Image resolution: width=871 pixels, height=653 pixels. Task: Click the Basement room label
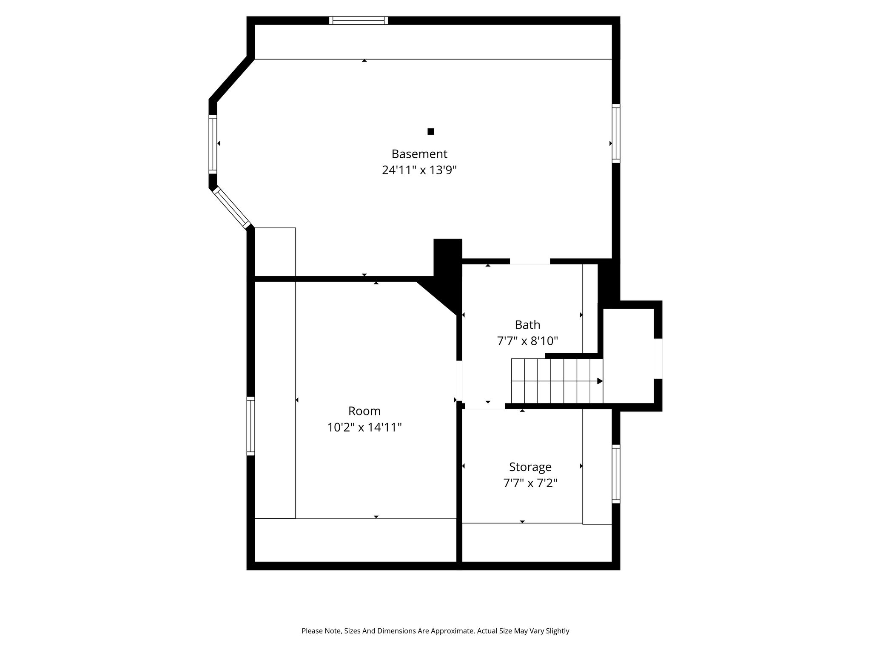point(419,154)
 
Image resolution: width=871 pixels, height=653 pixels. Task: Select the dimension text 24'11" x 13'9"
point(419,170)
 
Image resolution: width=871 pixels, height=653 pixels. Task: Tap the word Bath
point(527,325)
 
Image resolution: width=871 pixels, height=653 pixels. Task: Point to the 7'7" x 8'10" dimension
point(527,341)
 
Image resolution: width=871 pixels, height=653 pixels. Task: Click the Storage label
point(530,467)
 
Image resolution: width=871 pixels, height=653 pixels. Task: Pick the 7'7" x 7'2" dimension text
point(530,483)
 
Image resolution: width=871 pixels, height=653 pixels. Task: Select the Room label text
point(364,411)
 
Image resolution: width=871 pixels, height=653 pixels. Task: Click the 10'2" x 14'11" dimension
point(364,427)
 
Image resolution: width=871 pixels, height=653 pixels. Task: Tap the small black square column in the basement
point(431,131)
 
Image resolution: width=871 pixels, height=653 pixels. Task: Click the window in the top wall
point(359,20)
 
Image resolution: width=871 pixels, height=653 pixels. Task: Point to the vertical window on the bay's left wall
point(213,144)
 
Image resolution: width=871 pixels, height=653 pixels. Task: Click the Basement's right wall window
point(616,133)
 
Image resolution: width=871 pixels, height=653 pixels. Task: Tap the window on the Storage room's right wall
point(616,474)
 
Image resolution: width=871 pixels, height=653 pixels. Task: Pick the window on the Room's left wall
point(251,426)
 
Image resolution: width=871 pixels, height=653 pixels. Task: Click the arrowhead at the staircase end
point(600,381)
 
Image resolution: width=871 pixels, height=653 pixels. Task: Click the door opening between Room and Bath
point(459,380)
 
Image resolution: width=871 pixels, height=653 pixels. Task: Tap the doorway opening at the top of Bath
point(530,261)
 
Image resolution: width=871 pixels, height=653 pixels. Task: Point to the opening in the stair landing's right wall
point(658,358)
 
